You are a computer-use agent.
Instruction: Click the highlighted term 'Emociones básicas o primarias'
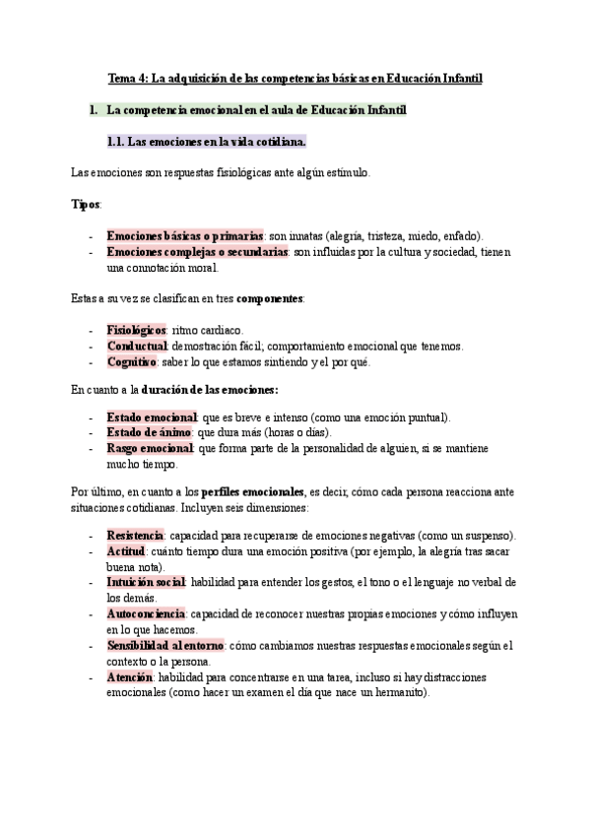pos(184,236)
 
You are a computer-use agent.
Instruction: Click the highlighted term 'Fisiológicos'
pos(136,330)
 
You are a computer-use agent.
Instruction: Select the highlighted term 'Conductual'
pos(136,346)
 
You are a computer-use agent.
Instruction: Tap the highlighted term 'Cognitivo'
pos(132,361)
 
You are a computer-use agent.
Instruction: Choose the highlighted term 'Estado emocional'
pos(152,417)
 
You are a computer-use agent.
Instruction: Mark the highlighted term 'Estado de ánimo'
pos(149,433)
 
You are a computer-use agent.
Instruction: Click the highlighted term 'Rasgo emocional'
pos(150,449)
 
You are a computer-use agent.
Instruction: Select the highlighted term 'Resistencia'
pos(136,536)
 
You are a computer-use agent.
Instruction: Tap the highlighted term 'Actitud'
pos(125,551)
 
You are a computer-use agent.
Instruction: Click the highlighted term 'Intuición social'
pos(146,583)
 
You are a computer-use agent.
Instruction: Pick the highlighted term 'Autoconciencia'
pos(145,613)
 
